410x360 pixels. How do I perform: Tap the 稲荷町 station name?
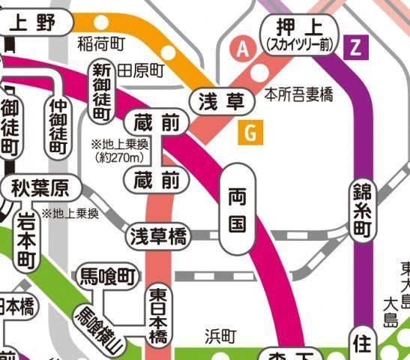pos(100,43)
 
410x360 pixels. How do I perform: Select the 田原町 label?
pos(141,71)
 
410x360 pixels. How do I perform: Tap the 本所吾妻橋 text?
pos(299,95)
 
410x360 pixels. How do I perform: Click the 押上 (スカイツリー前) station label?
pos(299,35)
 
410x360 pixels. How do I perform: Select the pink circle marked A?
pos(242,49)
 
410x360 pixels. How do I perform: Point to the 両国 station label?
pos(237,211)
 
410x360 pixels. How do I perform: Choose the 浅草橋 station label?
pos(158,236)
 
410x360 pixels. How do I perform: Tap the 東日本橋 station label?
pos(157,315)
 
